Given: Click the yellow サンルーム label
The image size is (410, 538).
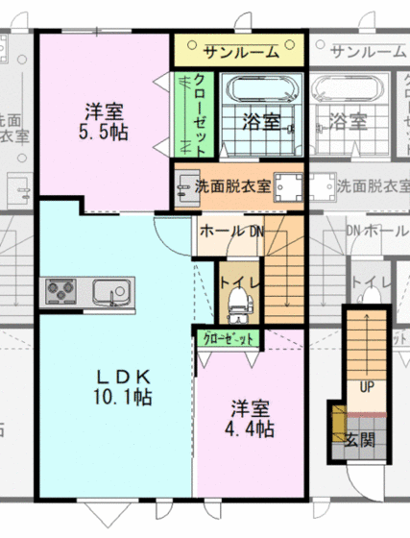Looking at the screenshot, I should (239, 49).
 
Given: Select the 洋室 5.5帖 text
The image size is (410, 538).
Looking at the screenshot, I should (103, 120).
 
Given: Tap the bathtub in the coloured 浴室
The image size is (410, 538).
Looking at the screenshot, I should (258, 92).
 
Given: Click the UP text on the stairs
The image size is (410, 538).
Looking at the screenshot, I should (366, 385).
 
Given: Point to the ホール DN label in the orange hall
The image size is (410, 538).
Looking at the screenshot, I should (230, 231).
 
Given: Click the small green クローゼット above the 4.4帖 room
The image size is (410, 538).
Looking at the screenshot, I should (229, 338).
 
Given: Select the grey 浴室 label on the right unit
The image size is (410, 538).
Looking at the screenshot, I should (348, 121).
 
